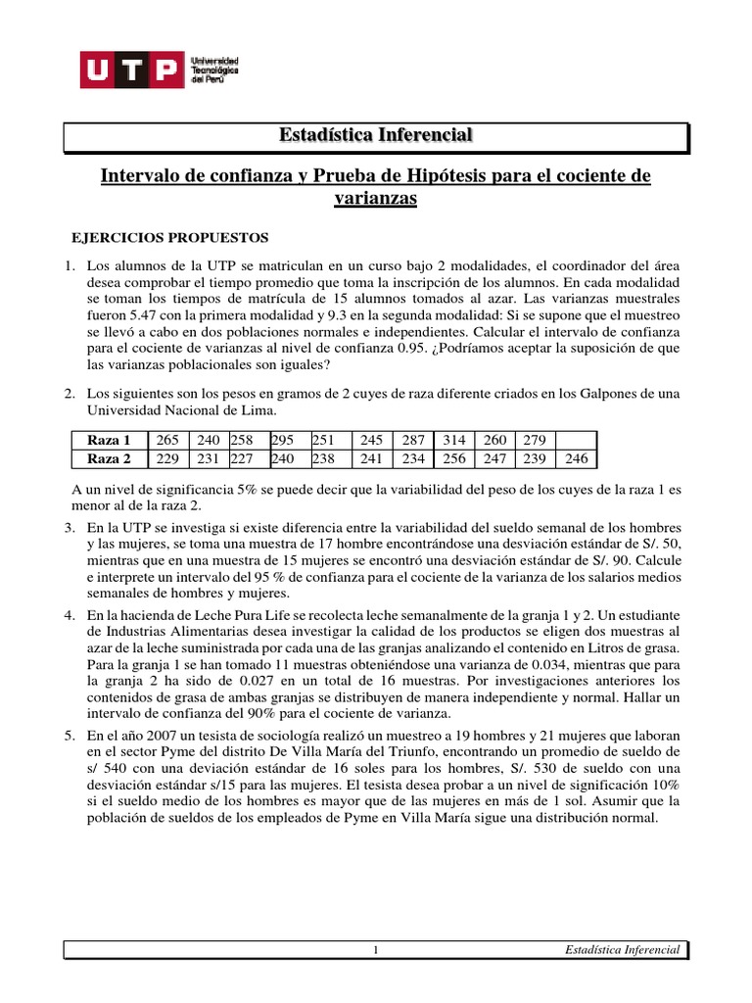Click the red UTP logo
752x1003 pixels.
(131, 72)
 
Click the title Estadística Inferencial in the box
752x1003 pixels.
(377, 134)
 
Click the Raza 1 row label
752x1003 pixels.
(109, 440)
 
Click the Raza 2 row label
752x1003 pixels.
(109, 457)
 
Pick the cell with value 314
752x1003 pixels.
(453, 440)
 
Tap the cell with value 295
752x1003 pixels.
(282, 440)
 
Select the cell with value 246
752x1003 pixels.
(578, 457)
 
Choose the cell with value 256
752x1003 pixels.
(453, 457)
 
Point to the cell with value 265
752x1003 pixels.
(167, 440)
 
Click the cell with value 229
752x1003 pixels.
(167, 457)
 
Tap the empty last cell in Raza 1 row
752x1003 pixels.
(578, 440)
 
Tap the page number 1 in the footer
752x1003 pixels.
(376, 950)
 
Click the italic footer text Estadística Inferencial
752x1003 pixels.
(623, 950)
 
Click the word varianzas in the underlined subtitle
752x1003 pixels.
(377, 198)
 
